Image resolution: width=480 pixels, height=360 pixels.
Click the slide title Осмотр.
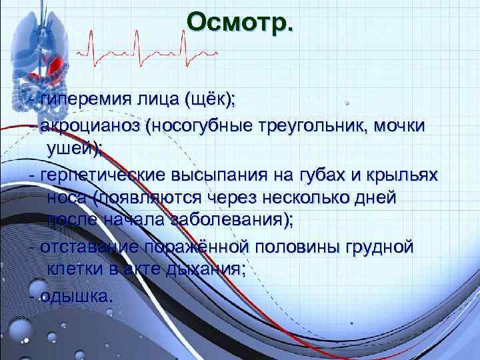239,21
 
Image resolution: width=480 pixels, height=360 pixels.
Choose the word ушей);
74,149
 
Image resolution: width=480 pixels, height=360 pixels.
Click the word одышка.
73,295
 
